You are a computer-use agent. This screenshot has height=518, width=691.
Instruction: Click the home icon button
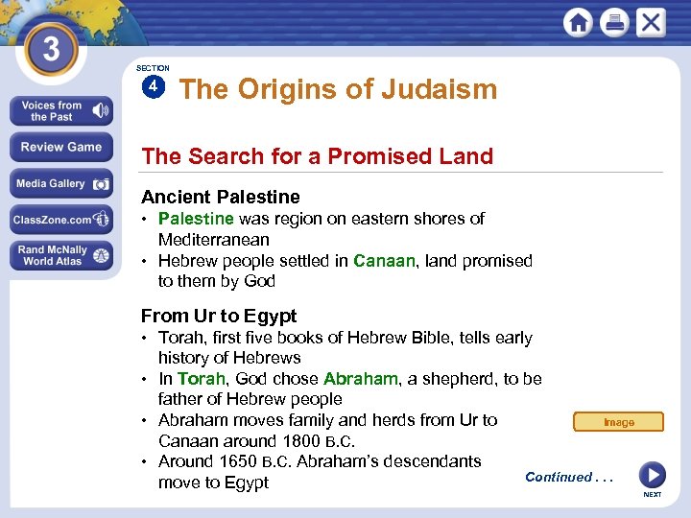point(578,23)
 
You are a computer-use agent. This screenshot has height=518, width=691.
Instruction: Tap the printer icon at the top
point(614,23)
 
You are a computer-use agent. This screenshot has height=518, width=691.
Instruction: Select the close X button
point(651,22)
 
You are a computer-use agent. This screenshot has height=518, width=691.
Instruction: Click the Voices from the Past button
point(60,111)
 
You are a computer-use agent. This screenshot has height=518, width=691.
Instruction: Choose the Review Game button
point(60,148)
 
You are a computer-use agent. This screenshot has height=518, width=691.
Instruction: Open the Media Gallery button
point(60,184)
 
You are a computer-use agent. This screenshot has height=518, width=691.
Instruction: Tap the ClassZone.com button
point(60,220)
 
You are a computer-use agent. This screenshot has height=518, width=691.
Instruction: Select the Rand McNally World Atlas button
point(60,256)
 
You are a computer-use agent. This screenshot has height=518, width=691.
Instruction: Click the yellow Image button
point(618,422)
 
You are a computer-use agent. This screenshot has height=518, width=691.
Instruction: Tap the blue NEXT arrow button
point(652,475)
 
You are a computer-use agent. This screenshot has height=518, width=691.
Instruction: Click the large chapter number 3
point(51,48)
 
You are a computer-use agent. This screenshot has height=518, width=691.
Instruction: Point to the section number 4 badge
point(153,87)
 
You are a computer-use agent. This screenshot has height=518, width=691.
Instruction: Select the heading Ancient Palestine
point(220,197)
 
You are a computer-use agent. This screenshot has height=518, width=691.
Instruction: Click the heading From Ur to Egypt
point(219,316)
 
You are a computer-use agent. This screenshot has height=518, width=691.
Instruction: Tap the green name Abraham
point(360,379)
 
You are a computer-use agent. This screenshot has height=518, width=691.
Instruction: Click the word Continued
point(559,477)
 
